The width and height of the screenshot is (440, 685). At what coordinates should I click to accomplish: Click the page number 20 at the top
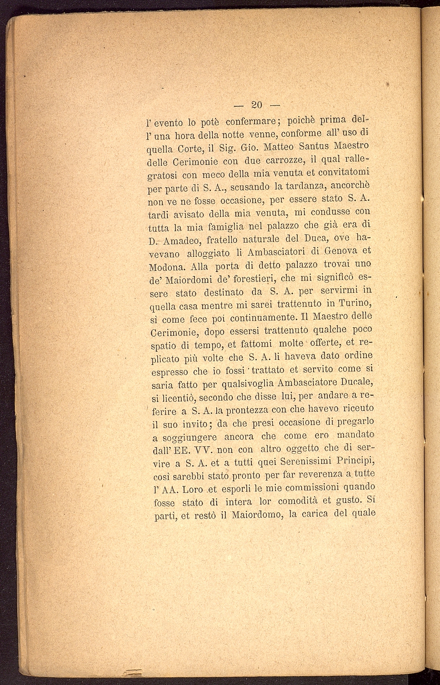257,105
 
